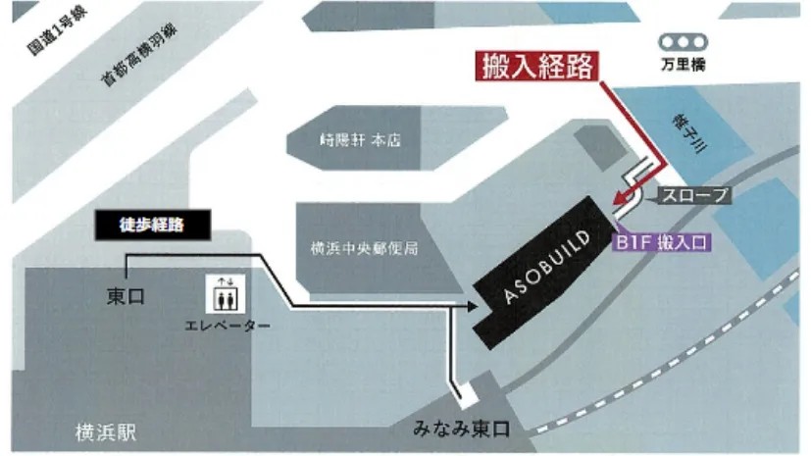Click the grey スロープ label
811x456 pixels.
point(694,195)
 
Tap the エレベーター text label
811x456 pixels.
point(227,325)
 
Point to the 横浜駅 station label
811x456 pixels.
point(106,431)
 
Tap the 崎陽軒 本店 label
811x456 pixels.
point(359,140)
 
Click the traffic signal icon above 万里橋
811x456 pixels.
point(683,43)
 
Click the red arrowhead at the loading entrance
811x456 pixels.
point(618,204)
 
